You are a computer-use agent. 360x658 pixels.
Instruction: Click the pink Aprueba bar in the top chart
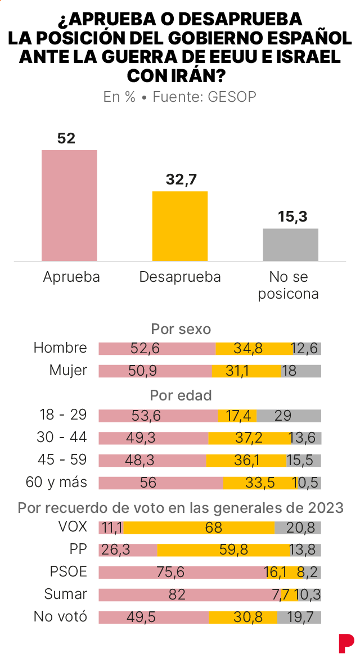tap(69, 205)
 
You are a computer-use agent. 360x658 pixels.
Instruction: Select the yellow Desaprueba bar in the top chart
tap(180, 226)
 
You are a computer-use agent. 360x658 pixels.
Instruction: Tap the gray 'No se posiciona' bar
tap(290, 244)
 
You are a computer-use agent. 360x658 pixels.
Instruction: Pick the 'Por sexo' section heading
tap(181, 329)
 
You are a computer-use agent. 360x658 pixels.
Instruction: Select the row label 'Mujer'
tap(68, 370)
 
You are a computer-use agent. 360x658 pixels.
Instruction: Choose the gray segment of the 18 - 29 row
tap(289, 416)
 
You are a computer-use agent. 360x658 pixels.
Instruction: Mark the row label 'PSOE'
tap(69, 572)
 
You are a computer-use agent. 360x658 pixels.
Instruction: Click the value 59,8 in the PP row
tap(233, 549)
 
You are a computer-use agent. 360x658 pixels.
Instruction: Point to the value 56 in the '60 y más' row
tap(161, 483)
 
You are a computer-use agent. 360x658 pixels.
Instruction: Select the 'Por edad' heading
tap(181, 395)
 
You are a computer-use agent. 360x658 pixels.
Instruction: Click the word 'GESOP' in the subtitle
tap(232, 97)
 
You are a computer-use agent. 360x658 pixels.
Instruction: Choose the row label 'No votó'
tap(61, 616)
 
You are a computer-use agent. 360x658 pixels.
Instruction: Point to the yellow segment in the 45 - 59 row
tap(246, 461)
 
